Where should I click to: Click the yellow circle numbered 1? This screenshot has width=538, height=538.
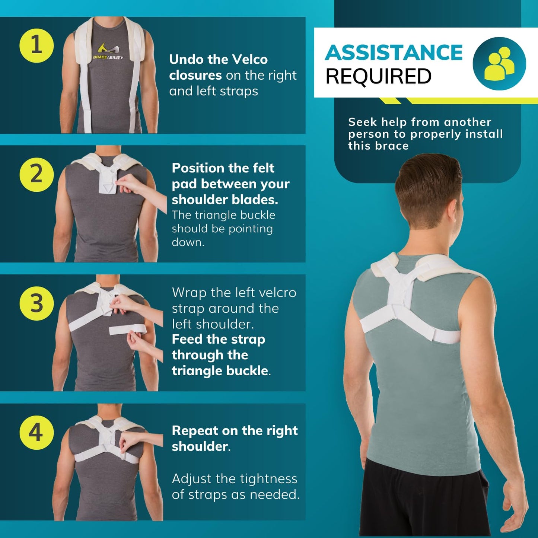coord(36,45)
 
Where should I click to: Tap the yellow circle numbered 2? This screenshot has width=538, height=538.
coord(36,175)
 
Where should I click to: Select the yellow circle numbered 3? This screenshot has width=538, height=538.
coord(36,303)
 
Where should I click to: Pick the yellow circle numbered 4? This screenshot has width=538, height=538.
coord(36,433)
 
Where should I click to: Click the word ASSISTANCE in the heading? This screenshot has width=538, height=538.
coord(394,52)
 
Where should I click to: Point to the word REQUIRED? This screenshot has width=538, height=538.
coord(378,77)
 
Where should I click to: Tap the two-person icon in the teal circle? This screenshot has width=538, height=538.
coord(499,64)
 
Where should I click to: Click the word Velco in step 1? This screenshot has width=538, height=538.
coord(250,60)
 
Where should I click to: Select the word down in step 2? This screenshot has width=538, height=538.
coord(188,242)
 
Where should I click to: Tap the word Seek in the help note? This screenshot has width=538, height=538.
coord(362,122)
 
